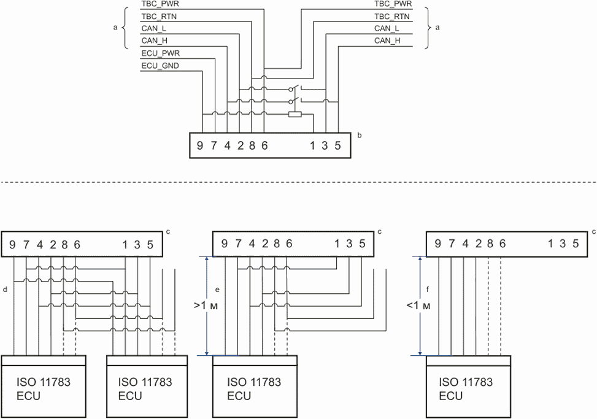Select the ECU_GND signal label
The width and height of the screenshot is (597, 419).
click(160, 66)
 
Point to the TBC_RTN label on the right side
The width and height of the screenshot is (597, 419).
click(392, 17)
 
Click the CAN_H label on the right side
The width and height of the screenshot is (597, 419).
click(387, 41)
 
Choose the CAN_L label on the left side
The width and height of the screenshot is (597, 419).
click(153, 29)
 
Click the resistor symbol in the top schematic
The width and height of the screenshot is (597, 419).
click(295, 114)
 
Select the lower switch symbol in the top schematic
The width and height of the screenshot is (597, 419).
click(295, 101)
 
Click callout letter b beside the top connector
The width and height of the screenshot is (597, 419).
click(359, 134)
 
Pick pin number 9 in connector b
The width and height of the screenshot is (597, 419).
click(200, 146)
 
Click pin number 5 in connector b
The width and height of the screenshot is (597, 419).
click(337, 146)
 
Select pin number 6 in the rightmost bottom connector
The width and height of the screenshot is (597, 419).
click(502, 244)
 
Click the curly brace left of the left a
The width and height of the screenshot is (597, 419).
click(125, 28)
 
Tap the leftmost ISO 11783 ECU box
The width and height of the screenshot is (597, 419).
click(44, 387)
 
